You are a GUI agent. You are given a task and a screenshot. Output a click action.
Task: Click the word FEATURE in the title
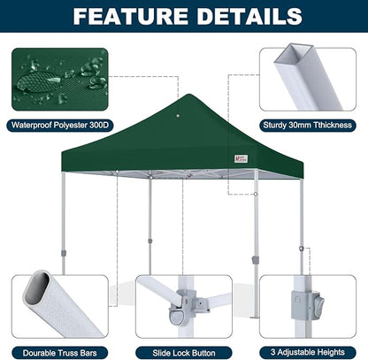coord(126,16)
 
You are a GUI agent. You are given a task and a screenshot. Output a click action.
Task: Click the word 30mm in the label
coord(299,124)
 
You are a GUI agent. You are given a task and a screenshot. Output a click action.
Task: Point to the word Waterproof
coord(34,124)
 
